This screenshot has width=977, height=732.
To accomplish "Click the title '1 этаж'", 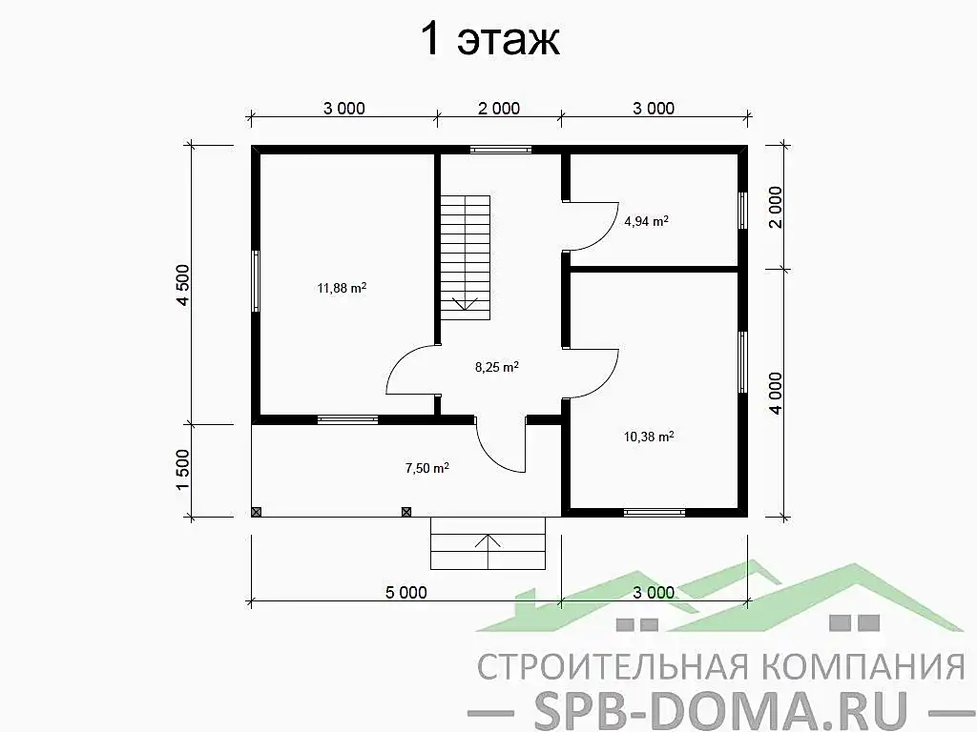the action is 490,39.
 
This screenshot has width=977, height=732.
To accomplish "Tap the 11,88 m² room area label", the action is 342,288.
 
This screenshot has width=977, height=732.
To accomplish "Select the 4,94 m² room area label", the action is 646,221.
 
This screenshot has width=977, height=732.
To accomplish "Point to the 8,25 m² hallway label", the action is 496,367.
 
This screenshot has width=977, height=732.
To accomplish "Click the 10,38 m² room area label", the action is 649,437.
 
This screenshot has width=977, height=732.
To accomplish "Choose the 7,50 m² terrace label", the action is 426,468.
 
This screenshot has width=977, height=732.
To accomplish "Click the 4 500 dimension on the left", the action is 182,284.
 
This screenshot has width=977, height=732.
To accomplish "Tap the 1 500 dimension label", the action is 182,470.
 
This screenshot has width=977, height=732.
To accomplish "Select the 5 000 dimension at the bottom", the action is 406,593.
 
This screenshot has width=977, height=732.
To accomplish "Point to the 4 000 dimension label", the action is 775,394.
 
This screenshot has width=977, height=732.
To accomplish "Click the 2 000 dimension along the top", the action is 498,109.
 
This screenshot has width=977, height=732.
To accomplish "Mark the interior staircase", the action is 466,257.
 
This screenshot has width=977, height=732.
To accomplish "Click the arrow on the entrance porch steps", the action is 488,550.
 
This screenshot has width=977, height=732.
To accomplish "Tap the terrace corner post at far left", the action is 256,512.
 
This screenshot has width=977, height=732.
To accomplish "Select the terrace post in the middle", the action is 406,512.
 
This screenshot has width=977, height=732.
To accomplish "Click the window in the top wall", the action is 501,150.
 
